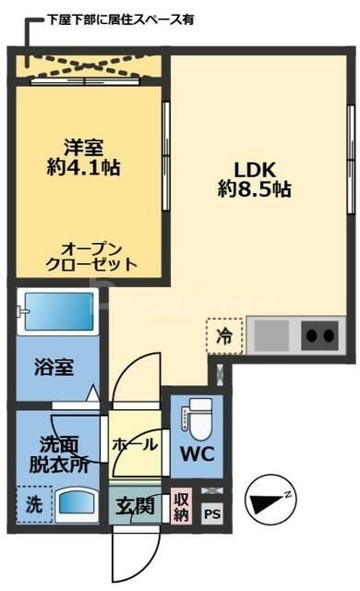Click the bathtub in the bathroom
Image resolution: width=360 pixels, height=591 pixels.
(x=57, y=313)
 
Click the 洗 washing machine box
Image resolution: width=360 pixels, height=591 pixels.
(x=30, y=506)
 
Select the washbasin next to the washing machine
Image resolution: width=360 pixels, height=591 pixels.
(x=76, y=506)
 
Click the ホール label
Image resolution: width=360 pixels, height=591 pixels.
(x=134, y=445)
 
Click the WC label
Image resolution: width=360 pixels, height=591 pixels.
(x=198, y=455)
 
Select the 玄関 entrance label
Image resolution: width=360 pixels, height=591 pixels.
(x=135, y=506)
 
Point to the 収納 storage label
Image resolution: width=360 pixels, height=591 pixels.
(x=181, y=507)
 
